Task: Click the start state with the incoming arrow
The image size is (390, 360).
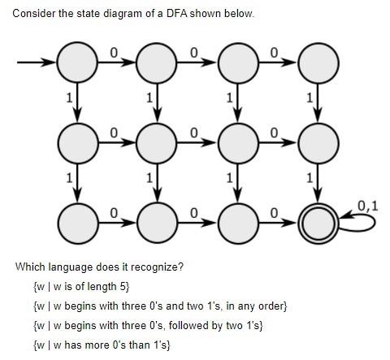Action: coord(77,62)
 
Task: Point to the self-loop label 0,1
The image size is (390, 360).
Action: coord(367,204)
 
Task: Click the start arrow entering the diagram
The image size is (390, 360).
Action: coord(37,62)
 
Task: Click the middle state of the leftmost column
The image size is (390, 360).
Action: coord(77,141)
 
